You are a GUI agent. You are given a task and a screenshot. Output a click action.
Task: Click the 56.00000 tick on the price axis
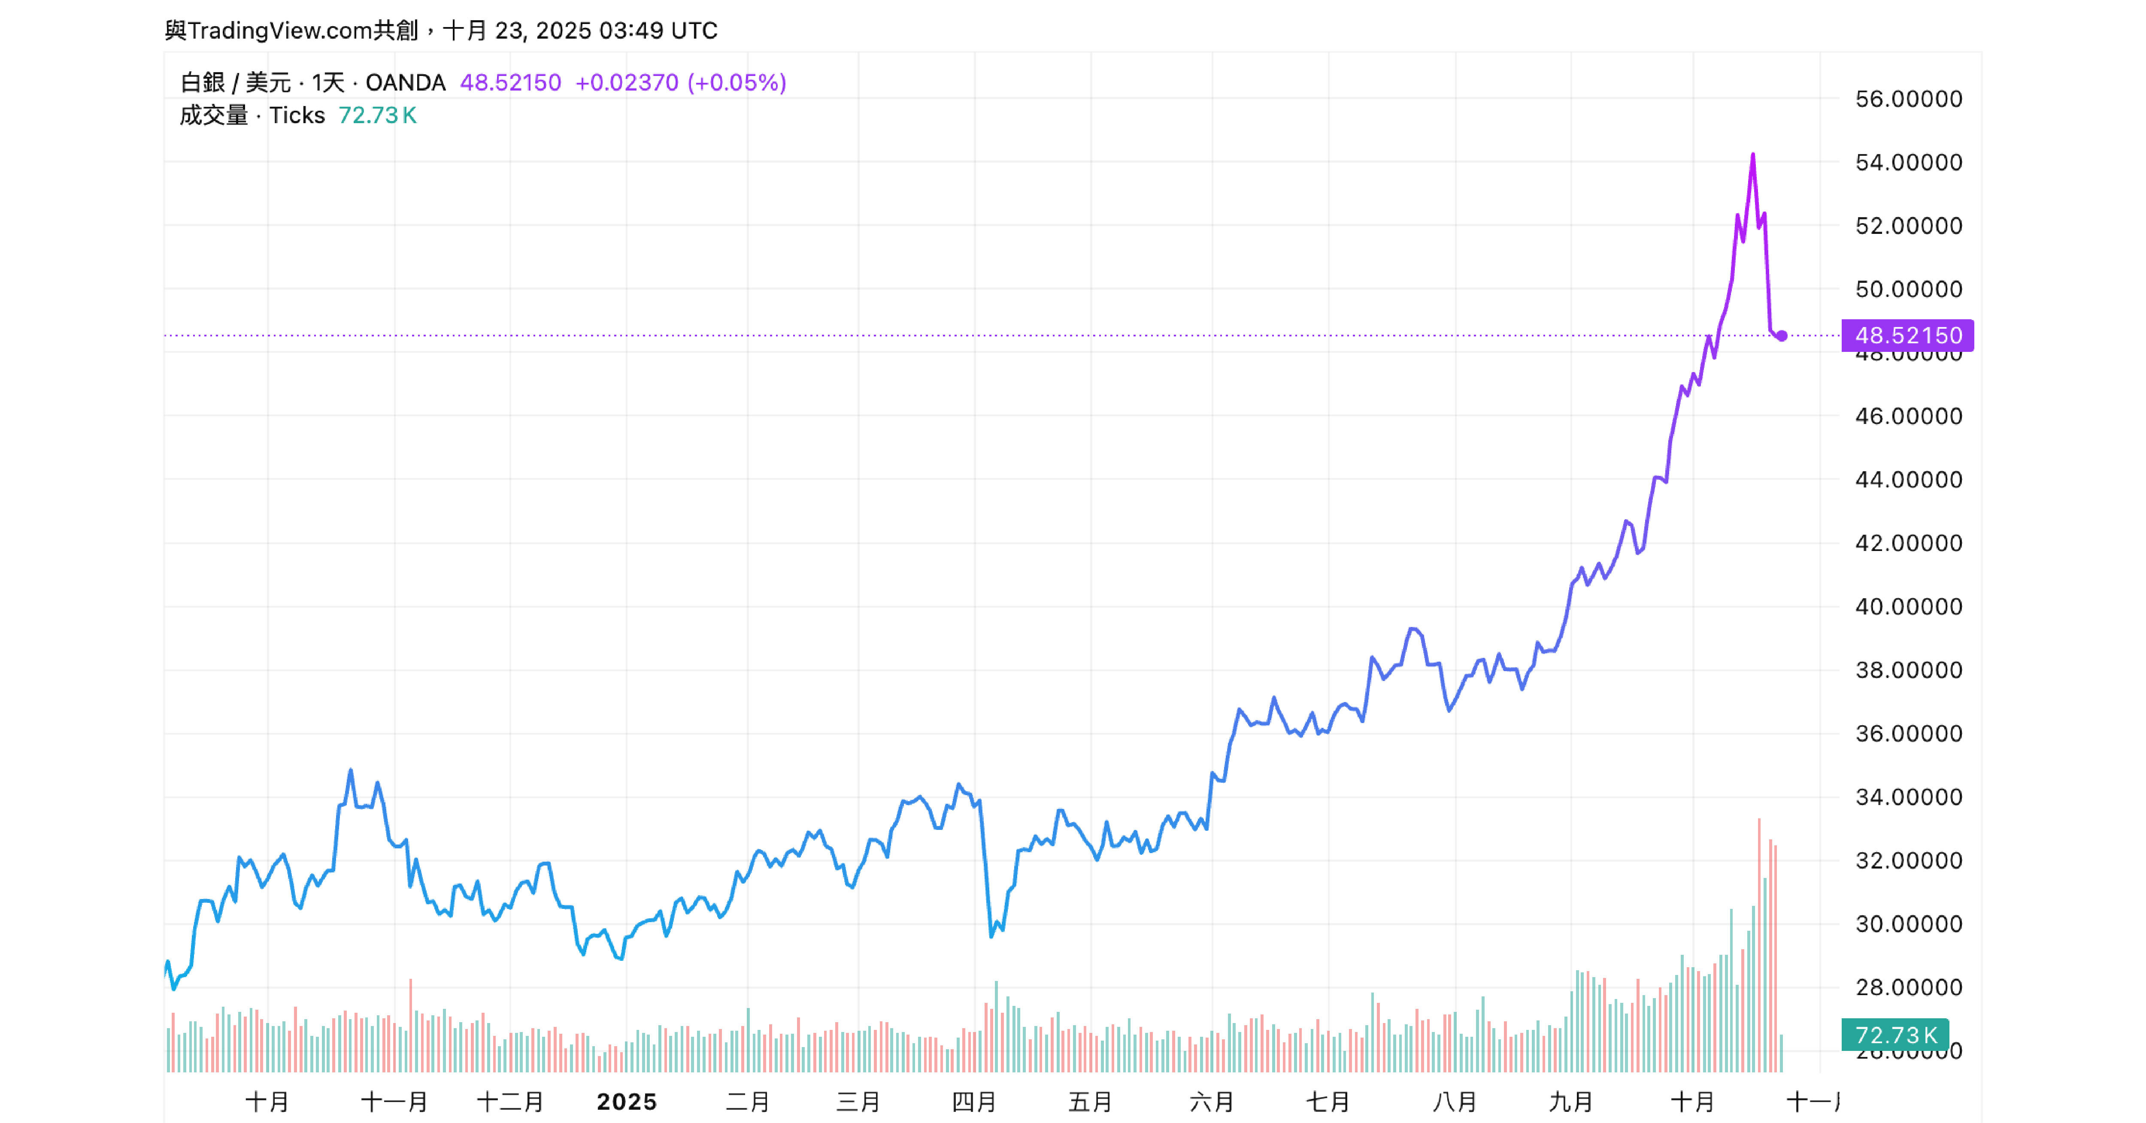pyautogui.click(x=1908, y=99)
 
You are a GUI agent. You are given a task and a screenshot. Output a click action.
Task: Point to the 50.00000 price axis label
pyautogui.click(x=1908, y=289)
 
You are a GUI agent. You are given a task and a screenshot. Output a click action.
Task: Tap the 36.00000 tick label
pyautogui.click(x=1908, y=733)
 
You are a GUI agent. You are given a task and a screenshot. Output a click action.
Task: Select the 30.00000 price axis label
pyautogui.click(x=1908, y=923)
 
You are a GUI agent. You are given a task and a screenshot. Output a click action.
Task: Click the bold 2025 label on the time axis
pyautogui.click(x=627, y=1102)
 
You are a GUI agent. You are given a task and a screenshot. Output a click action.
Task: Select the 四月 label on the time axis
pyautogui.click(x=974, y=1102)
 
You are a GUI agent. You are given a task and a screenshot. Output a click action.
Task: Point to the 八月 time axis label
pyautogui.click(x=1455, y=1102)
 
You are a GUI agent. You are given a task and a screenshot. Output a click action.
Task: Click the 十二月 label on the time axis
pyautogui.click(x=510, y=1102)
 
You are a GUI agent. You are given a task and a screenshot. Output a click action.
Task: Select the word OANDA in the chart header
pyautogui.click(x=406, y=82)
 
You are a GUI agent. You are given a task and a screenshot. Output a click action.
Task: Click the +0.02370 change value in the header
pyautogui.click(x=627, y=82)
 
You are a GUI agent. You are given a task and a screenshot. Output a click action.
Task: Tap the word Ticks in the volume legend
pyautogui.click(x=297, y=115)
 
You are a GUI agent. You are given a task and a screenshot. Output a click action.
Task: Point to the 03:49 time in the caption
pyautogui.click(x=630, y=31)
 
